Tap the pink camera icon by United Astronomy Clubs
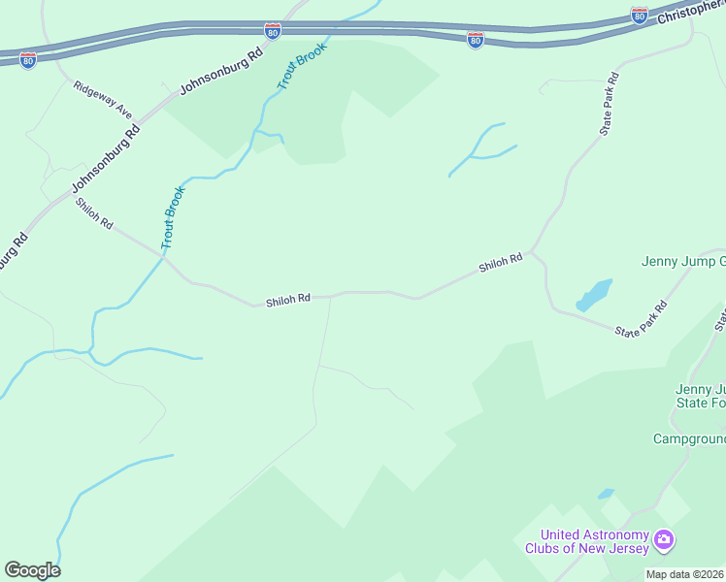(664, 539)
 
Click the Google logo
(32, 570)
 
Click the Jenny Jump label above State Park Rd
(683, 261)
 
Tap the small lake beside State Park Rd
(594, 295)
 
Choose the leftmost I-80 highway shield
(28, 59)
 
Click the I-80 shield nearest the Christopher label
(639, 15)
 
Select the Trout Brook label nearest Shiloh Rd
(172, 216)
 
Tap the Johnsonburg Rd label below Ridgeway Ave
(105, 159)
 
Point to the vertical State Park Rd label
(609, 106)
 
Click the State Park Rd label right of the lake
(642, 318)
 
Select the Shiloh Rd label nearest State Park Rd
(500, 263)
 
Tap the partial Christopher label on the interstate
(690, 13)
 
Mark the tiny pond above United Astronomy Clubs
(606, 494)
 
